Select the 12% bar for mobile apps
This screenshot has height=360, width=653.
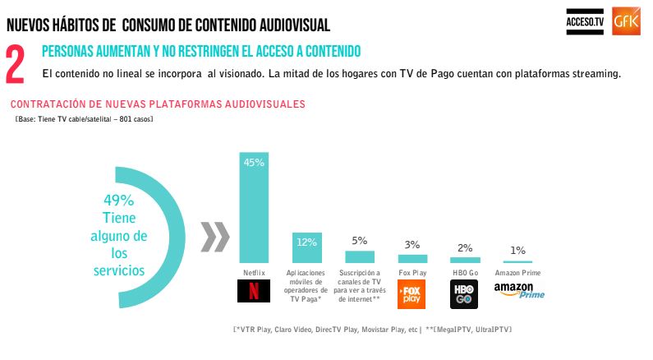click(306, 247)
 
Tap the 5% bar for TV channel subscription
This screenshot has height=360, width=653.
click(359, 256)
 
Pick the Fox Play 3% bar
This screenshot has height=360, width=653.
click(412, 258)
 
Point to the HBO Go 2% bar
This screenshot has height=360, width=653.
click(464, 260)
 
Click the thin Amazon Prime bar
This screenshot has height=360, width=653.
click(517, 261)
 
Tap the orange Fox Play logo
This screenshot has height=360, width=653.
click(411, 294)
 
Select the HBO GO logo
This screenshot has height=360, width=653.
click(463, 294)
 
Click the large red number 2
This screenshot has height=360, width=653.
click(16, 65)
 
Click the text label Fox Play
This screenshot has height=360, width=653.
click(412, 272)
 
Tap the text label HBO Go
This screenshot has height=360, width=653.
click(464, 272)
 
